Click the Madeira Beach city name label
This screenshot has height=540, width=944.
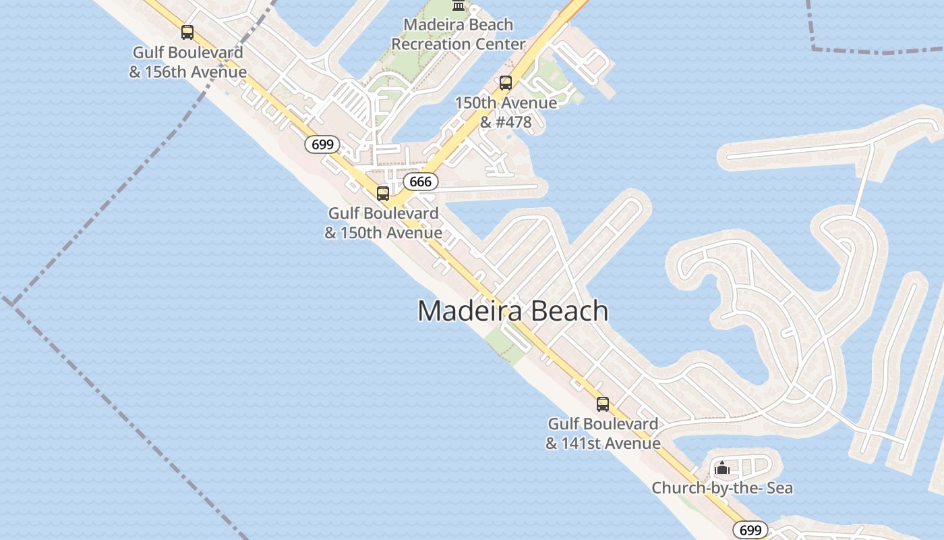(x=512, y=310)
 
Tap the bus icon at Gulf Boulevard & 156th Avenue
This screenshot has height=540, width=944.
(x=187, y=32)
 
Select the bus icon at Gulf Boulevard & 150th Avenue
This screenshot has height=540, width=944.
(x=383, y=194)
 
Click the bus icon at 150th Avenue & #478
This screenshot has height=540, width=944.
(x=506, y=83)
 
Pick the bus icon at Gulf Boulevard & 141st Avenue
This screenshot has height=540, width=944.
(x=603, y=404)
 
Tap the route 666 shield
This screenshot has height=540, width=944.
(x=420, y=182)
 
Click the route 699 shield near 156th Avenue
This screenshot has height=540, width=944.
(x=322, y=144)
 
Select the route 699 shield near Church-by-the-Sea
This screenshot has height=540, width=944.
(x=750, y=530)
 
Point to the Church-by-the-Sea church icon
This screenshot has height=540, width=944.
(x=722, y=468)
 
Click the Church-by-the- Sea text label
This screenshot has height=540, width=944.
(x=721, y=488)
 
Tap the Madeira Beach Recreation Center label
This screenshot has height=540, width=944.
(x=459, y=34)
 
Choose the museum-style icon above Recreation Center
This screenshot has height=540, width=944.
(x=459, y=5)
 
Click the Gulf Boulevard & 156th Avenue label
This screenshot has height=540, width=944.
(x=187, y=62)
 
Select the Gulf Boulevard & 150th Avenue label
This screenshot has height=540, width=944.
(x=383, y=223)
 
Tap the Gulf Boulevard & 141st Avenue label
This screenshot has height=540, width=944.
(x=603, y=433)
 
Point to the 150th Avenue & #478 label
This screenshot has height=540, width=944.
(x=506, y=112)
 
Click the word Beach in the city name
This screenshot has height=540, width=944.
(x=569, y=310)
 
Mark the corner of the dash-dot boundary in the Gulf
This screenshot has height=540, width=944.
(x=11, y=303)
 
